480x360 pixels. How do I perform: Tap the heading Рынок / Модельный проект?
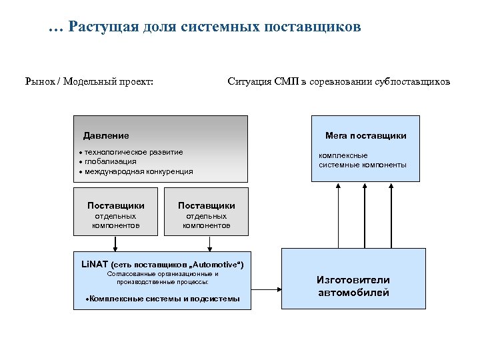[89, 82]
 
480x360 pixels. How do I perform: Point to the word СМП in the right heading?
[287, 82]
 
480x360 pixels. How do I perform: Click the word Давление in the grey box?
[106, 136]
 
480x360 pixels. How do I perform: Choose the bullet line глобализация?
[110, 161]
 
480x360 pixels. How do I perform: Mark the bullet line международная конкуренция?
[139, 171]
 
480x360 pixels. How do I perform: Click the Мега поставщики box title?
[365, 136]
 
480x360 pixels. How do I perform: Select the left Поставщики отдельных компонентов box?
[116, 212]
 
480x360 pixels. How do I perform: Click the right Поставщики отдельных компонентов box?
[207, 212]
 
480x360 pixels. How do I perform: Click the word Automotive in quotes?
[215, 265]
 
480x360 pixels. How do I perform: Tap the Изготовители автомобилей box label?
[353, 286]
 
